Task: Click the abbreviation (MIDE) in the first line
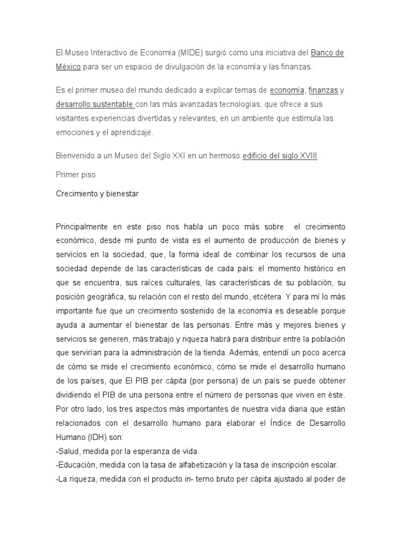(x=192, y=53)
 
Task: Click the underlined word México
(x=68, y=67)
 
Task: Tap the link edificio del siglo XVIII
(x=280, y=156)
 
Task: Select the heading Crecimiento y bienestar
(x=97, y=193)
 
